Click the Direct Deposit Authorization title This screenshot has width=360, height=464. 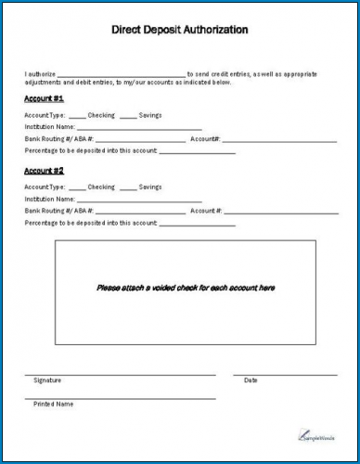click(180, 30)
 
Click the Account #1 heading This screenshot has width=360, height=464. click(44, 97)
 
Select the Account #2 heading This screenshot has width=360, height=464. click(44, 172)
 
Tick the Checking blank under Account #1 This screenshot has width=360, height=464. click(77, 115)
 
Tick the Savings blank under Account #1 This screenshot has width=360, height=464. click(129, 115)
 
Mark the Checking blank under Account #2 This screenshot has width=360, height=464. click(77, 188)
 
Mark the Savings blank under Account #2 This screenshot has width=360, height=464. click(129, 188)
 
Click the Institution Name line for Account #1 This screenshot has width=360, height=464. click(139, 128)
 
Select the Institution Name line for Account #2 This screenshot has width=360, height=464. click(139, 201)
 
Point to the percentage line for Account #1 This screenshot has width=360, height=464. click(198, 152)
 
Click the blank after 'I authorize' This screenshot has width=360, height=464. click(121, 73)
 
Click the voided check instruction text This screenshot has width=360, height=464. click(186, 289)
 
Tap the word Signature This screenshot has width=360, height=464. click(47, 380)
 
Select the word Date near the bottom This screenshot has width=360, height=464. click(251, 380)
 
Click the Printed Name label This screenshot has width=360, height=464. click(53, 405)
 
